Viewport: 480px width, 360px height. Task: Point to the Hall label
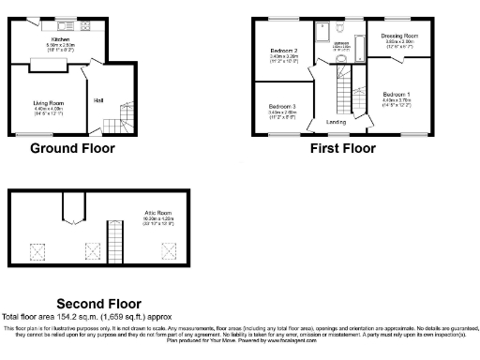pyautogui.click(x=98, y=99)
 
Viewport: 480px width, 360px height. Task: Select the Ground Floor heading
pyautogui.click(x=72, y=148)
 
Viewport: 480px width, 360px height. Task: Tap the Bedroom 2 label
pyautogui.click(x=284, y=51)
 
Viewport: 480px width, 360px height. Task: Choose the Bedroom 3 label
pyautogui.click(x=282, y=107)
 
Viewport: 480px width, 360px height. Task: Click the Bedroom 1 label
pyautogui.click(x=396, y=95)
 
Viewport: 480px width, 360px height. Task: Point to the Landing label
pyautogui.click(x=336, y=122)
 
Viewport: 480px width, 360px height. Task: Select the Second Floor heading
pyautogui.click(x=98, y=304)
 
